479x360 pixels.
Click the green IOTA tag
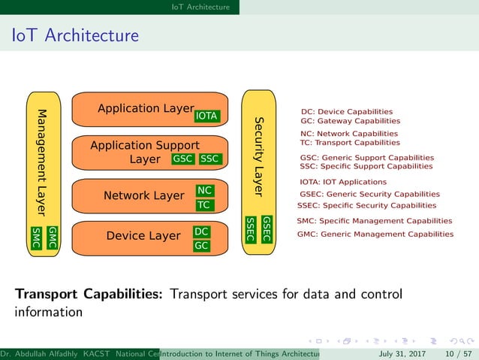pos(206,116)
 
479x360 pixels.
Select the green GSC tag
pos(183,159)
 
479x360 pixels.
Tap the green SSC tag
pos(210,159)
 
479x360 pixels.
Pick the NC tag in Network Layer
pos(204,191)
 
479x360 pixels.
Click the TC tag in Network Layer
pos(203,205)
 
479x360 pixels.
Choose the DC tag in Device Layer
pos(201,232)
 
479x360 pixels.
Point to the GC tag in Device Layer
pos(201,246)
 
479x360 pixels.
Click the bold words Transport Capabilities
pos(89,294)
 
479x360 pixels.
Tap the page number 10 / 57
pos(456,353)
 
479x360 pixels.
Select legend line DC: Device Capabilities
pos(346,111)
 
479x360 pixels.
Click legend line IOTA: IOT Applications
pos(342,182)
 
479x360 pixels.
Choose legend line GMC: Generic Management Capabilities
pos(375,234)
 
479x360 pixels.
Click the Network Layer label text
pos(143,196)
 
